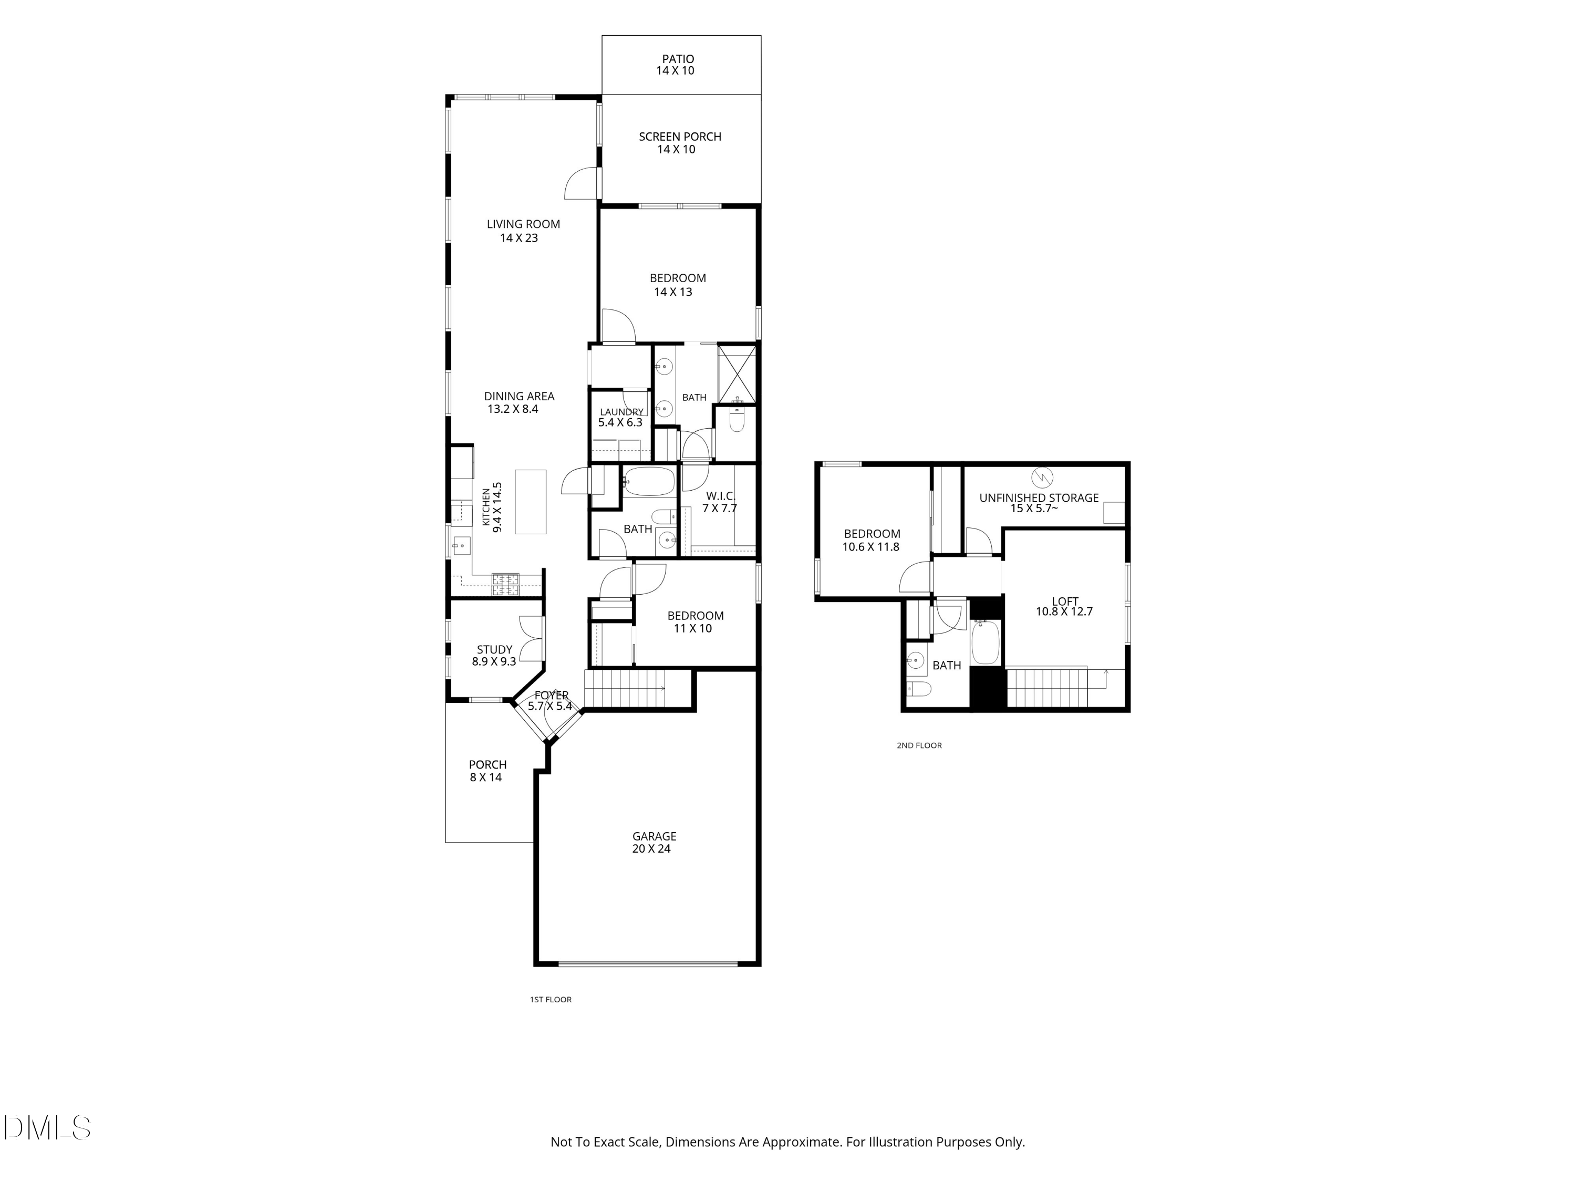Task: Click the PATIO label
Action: [x=678, y=59]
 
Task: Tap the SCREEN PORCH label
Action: [x=680, y=137]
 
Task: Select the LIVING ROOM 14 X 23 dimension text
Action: [x=519, y=238]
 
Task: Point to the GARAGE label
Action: [x=654, y=836]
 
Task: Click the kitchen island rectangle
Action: [x=531, y=502]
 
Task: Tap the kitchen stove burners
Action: [x=506, y=585]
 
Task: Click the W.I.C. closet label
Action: [x=720, y=496]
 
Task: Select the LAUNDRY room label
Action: [x=621, y=412]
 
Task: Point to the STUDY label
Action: [x=494, y=650]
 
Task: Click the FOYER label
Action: [x=552, y=696]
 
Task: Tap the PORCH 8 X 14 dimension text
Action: [x=486, y=777]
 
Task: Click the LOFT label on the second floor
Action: [x=1065, y=602]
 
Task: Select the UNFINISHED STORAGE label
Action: [x=1039, y=498]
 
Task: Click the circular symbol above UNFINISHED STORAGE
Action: [x=1042, y=476]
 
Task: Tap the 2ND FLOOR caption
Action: [x=919, y=745]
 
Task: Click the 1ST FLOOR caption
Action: [x=551, y=1000]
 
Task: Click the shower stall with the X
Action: [x=736, y=374]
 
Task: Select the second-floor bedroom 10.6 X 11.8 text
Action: [x=870, y=547]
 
